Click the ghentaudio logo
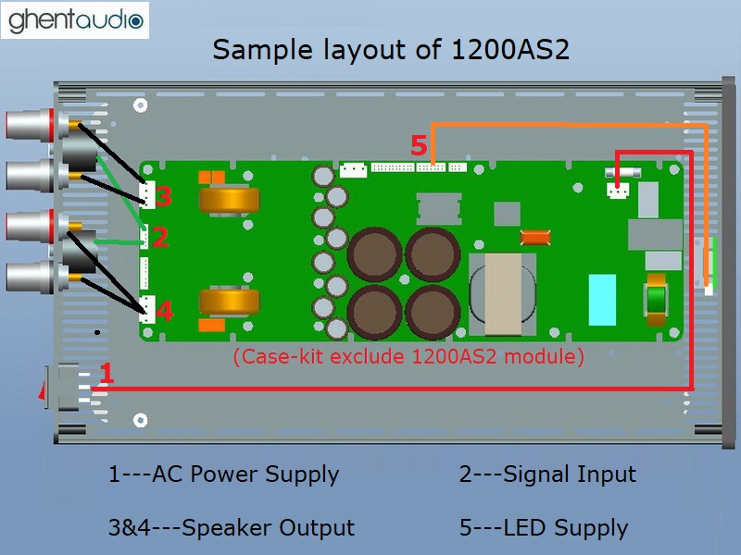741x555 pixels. [x=75, y=19]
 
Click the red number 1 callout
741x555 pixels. [x=107, y=375]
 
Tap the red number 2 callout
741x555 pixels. [x=160, y=239]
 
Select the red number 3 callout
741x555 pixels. [x=163, y=196]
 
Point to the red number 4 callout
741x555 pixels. [x=163, y=312]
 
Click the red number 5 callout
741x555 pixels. [x=419, y=146]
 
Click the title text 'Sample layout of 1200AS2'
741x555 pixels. [x=390, y=49]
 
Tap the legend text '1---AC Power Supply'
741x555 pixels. [x=223, y=475]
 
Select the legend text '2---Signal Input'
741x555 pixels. [x=547, y=475]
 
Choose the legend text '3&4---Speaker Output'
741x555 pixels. [x=232, y=528]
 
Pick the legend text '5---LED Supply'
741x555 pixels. [x=544, y=528]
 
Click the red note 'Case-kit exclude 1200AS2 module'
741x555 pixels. [x=408, y=356]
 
